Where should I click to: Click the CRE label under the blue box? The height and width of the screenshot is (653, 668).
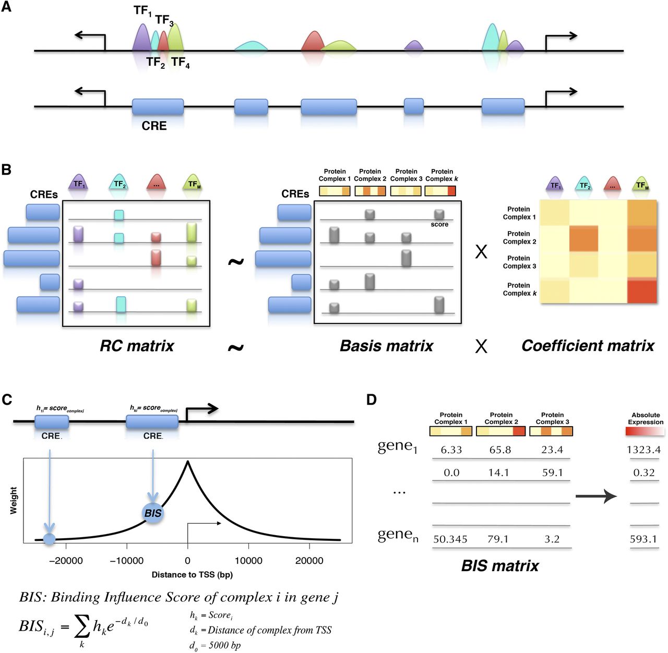(154, 126)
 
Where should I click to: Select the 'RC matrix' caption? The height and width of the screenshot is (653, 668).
(137, 346)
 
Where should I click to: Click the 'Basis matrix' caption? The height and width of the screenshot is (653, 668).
(386, 346)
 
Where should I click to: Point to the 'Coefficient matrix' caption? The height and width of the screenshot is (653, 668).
(588, 346)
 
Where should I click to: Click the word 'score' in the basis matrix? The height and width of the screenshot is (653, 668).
(439, 224)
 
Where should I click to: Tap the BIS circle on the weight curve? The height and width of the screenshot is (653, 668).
(152, 513)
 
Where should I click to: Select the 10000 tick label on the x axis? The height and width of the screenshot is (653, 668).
(248, 561)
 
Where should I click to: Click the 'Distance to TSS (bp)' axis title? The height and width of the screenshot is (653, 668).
(192, 575)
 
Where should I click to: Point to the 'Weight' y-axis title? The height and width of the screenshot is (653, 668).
(14, 501)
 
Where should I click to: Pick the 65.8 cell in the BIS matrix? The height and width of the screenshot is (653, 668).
(500, 450)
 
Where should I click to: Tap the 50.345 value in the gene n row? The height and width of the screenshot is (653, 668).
(450, 539)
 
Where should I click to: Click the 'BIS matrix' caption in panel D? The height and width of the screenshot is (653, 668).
(500, 566)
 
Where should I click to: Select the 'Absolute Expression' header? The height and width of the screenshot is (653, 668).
(646, 418)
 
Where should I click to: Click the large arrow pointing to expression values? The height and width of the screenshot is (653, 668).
(596, 497)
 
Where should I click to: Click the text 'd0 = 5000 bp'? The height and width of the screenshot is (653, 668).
(215, 646)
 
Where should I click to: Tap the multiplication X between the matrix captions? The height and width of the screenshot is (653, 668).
(481, 346)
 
